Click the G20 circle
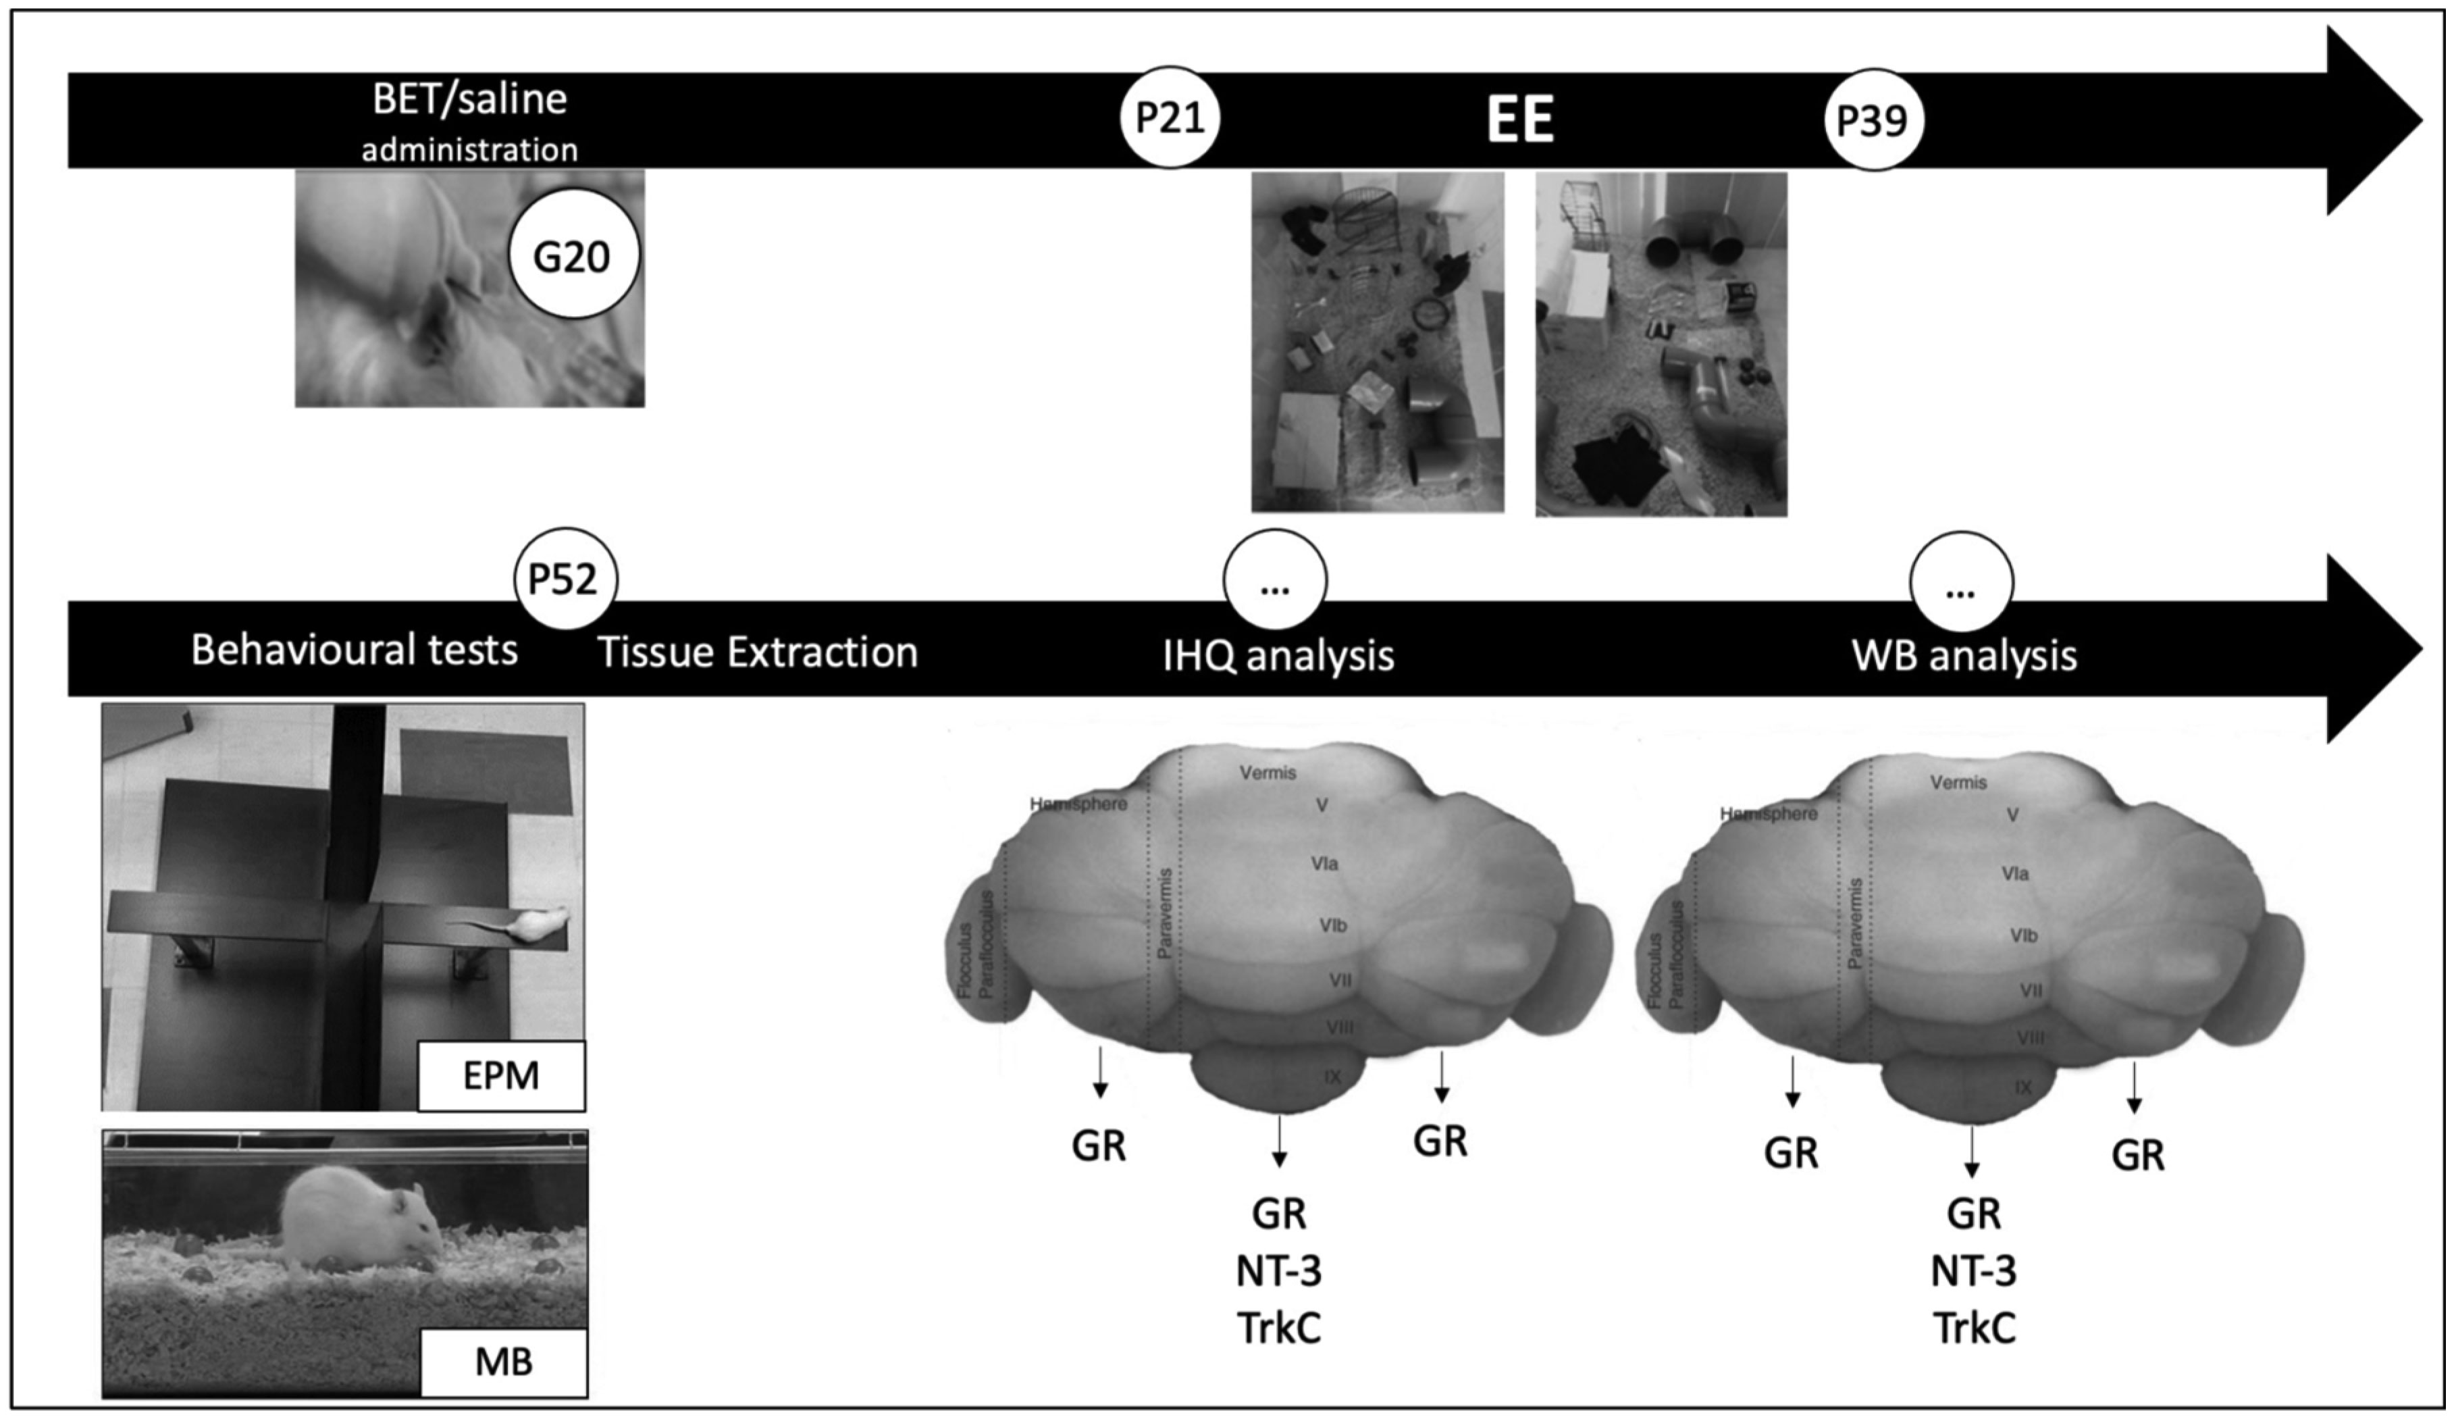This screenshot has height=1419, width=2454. pos(573,255)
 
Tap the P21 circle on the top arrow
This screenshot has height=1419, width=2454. pos(1170,118)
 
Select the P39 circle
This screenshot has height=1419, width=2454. pos(1872,120)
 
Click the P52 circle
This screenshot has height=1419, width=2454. pos(564,579)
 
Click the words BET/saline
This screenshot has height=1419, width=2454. pos(469,99)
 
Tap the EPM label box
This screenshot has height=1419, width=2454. pos(500,1076)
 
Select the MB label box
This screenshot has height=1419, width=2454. pos(504,1362)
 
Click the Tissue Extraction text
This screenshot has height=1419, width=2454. pos(758,652)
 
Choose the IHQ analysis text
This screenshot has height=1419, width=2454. pos(1278,655)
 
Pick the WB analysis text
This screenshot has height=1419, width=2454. pos(1963,655)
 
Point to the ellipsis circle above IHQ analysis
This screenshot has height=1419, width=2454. pos(1275,582)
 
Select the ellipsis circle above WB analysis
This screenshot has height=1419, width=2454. pos(1960,584)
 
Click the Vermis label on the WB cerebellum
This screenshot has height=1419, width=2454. pos(1958,782)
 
